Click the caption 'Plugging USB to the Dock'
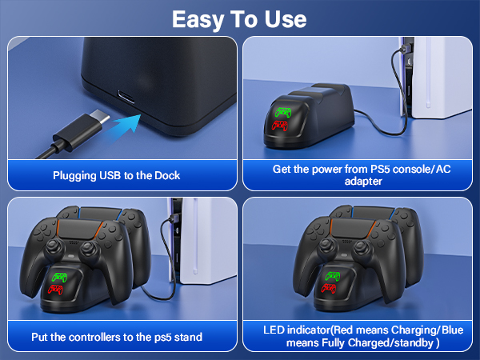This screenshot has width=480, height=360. click(117, 175)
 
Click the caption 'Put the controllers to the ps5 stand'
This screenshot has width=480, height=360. click(117, 337)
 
